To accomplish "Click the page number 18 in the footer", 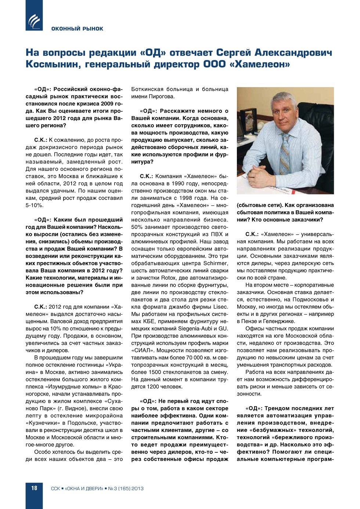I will (x=34, y=488).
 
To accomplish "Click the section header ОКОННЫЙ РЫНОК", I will (x=77, y=29).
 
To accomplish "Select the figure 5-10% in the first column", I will (x=34, y=205).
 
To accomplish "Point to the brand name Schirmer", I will (x=215, y=264).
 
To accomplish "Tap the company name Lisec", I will (x=220, y=307).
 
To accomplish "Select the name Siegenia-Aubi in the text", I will (x=196, y=329).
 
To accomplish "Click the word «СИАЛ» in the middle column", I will (x=142, y=351).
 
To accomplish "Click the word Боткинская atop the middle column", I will (x=147, y=89).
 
